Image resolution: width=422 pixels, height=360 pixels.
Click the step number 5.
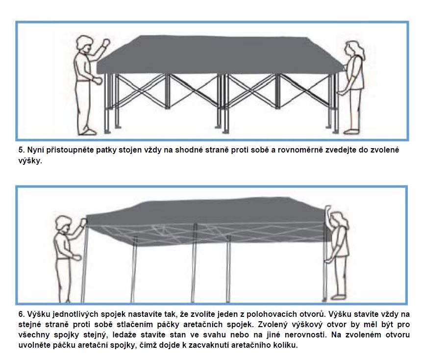21,150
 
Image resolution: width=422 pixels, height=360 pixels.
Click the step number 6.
21,314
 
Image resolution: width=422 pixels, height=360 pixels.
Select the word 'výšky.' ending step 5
30,161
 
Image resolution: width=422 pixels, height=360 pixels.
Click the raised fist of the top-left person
106,43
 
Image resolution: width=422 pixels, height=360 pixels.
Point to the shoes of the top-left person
87,132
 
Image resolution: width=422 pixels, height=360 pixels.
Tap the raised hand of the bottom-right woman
328,211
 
